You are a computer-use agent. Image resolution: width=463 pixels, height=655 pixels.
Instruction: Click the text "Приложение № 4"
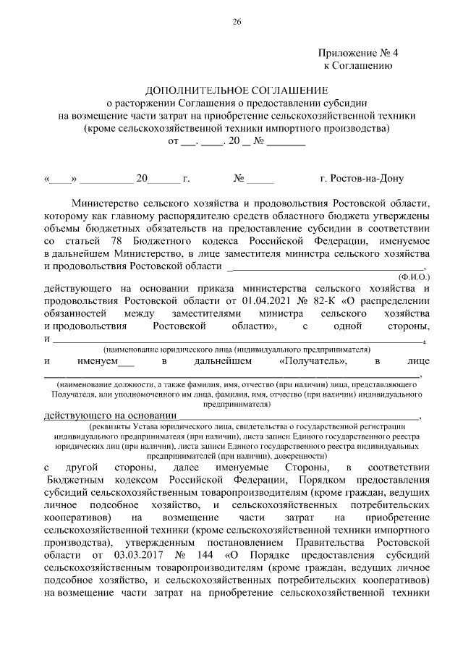click(x=357, y=54)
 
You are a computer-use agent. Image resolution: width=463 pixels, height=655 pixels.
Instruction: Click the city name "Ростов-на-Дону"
click(x=361, y=178)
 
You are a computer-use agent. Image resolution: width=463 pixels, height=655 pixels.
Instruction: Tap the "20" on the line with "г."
click(x=142, y=178)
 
